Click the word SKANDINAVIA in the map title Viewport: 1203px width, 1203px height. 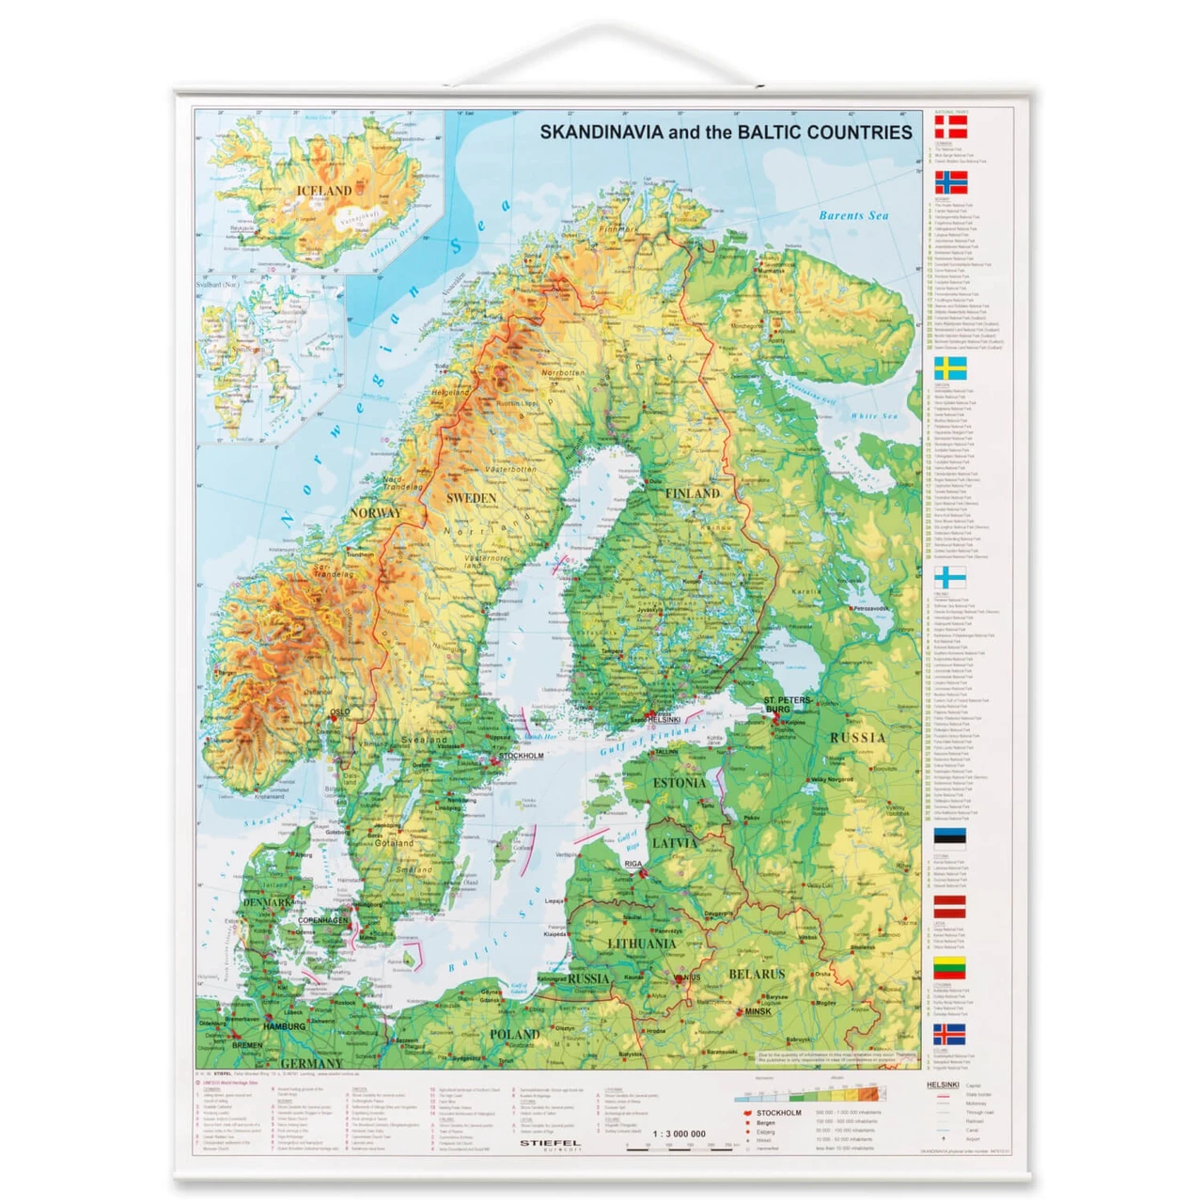pos(601,133)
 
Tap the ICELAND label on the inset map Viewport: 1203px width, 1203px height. pos(324,191)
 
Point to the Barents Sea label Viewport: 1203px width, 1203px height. pos(853,215)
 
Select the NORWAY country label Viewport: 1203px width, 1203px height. pos(375,513)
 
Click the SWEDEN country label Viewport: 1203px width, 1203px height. pos(471,497)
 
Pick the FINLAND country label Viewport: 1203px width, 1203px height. pos(693,493)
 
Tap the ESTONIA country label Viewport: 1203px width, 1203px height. pos(679,783)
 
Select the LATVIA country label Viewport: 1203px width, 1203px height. pos(675,843)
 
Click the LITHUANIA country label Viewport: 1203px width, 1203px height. pos(642,944)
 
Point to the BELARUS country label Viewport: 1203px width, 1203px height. pos(757,975)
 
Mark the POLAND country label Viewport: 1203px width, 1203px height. pos(514,1034)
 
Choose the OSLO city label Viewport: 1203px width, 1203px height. pos(339,712)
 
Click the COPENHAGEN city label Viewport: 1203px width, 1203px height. pos(322,920)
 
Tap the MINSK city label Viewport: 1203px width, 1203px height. pos(758,1012)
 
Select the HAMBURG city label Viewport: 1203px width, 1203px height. pos(284,1026)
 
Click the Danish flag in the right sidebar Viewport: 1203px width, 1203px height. pos(950,127)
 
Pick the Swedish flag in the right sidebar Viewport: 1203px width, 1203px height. pos(950,367)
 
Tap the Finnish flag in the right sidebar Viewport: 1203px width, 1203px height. pos(950,577)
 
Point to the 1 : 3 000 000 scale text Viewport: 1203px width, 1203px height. pos(679,1133)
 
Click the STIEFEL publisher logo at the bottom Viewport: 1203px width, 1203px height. pos(550,1144)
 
